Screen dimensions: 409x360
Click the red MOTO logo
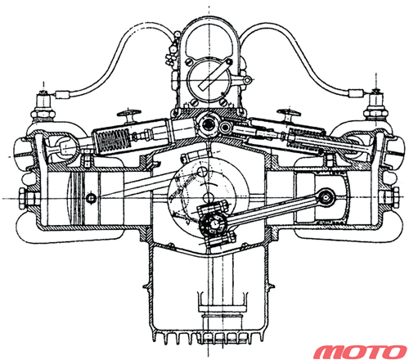360,352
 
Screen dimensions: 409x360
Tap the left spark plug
43,105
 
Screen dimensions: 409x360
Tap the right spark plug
375,105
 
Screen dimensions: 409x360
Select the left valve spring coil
113,142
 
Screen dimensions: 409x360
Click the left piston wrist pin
91,198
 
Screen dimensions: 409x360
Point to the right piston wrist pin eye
326,196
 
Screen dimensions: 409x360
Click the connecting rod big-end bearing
214,223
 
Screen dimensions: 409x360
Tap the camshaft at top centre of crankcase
209,124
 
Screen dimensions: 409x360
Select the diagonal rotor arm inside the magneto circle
215,74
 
